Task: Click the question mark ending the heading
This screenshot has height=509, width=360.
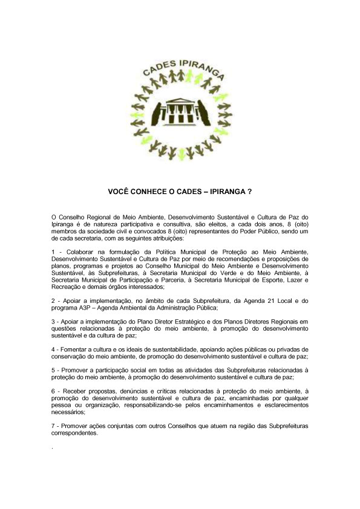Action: pos(249,190)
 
